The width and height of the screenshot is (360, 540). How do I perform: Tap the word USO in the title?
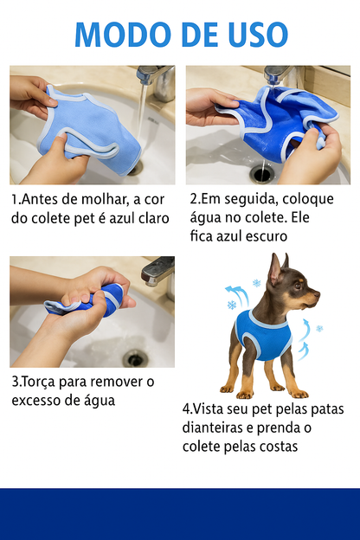pos(252,35)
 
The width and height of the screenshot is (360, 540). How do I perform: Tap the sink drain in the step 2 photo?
pos(262,174)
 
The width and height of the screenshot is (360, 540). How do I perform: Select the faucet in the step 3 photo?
pos(157,271)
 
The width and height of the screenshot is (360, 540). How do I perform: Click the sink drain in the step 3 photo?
pos(134,357)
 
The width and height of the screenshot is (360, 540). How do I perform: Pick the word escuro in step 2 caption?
pos(265,235)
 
